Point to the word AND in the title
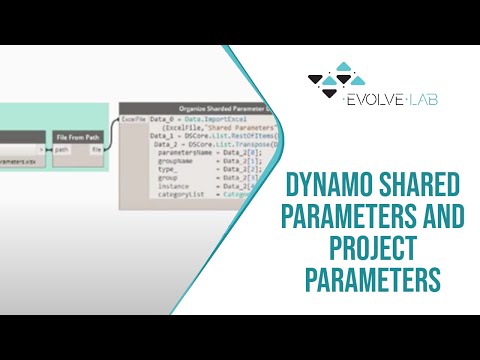[442, 215]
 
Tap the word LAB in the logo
[422, 99]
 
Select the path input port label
[62, 151]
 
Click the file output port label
[97, 151]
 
